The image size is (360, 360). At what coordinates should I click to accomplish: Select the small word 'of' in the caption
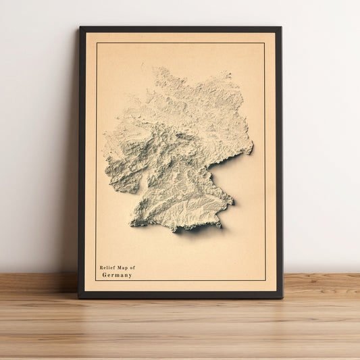click(x=132, y=268)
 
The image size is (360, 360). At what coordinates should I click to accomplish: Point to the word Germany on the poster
click(x=117, y=275)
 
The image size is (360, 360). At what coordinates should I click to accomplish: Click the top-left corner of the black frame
click(x=80, y=28)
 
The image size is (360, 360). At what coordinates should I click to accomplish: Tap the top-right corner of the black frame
click(x=280, y=28)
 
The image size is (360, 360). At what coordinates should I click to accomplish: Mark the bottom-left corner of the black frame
click(x=79, y=297)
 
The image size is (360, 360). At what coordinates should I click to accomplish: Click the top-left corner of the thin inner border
click(x=97, y=43)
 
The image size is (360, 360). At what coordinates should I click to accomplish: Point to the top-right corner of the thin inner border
click(x=264, y=43)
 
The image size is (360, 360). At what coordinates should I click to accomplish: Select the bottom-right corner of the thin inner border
click(x=265, y=280)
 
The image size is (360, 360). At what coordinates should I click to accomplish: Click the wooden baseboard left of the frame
click(x=37, y=282)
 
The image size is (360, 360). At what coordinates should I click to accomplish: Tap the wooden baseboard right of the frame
click(x=321, y=282)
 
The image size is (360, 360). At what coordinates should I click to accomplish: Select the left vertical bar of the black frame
click(x=82, y=162)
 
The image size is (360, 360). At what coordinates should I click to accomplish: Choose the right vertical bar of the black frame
click(x=278, y=162)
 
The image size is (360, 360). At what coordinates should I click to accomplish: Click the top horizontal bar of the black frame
click(x=180, y=30)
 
